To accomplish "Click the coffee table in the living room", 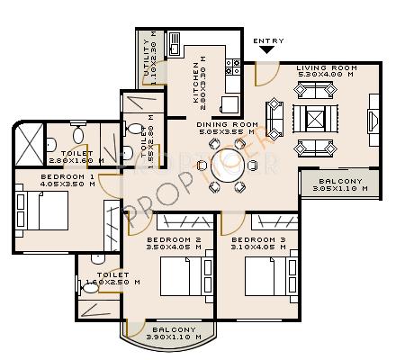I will coord(314,118).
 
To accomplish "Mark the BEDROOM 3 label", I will coord(265,240).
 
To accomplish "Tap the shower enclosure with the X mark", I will coord(31,144).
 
